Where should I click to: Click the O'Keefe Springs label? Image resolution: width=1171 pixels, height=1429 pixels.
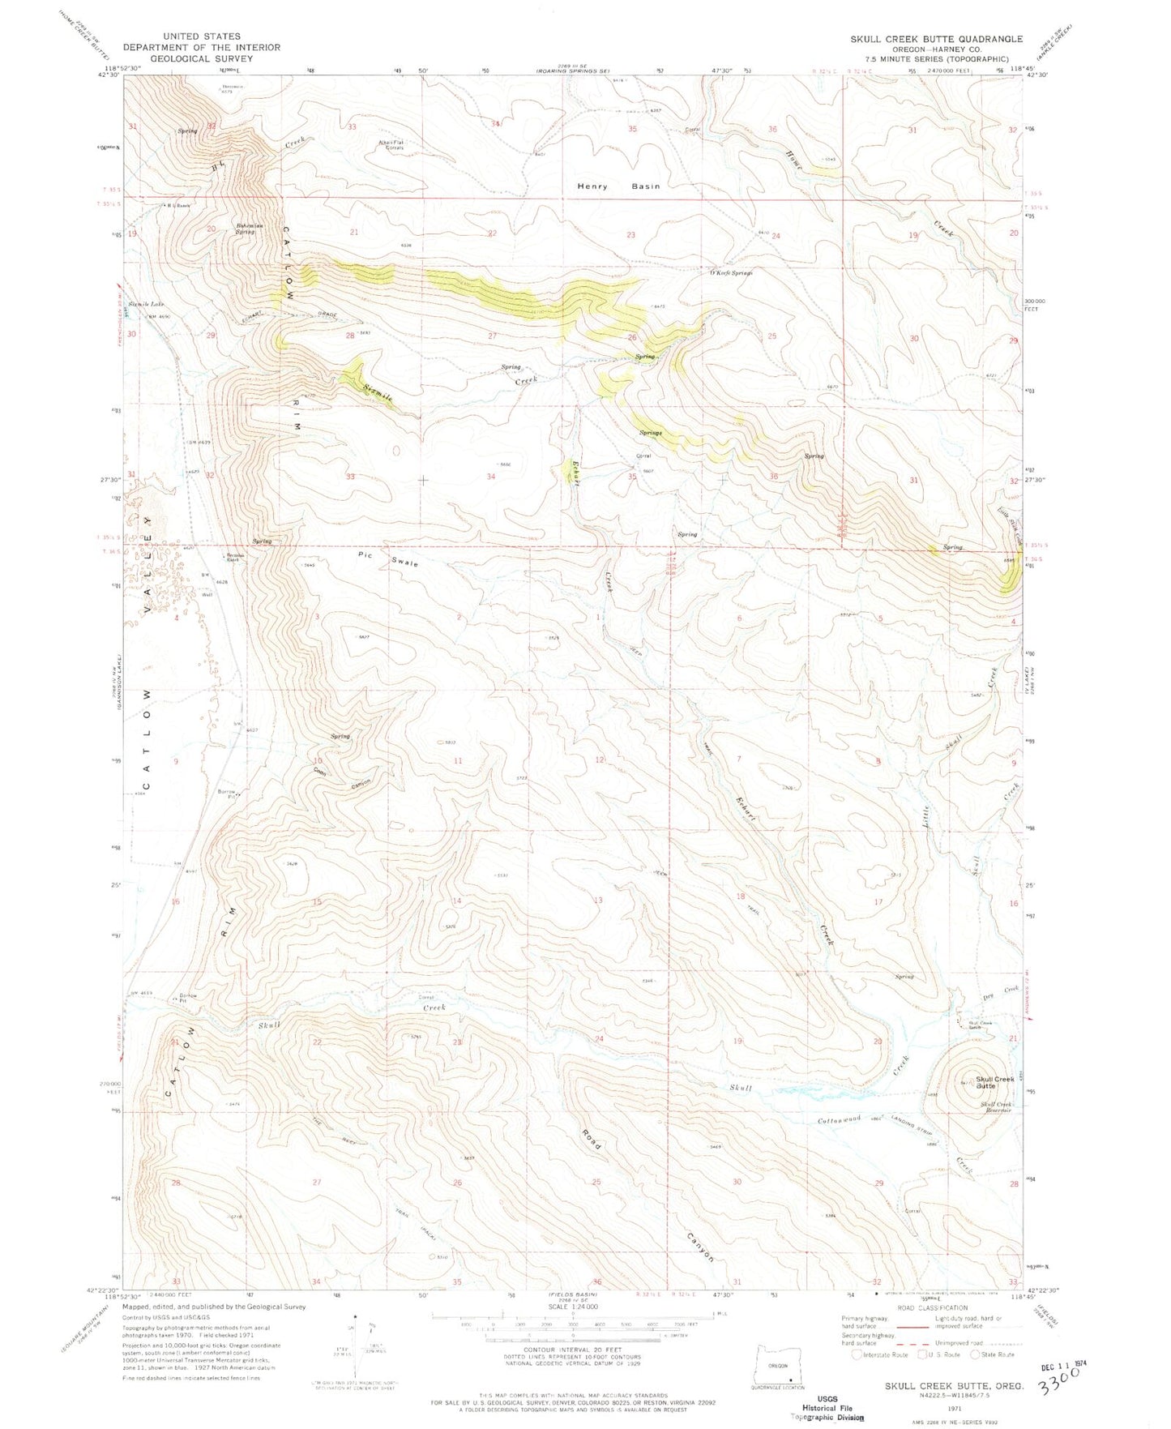(x=731, y=273)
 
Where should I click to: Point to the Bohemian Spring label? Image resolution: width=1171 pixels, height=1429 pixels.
(x=240, y=229)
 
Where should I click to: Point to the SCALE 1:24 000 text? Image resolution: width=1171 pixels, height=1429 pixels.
(x=571, y=1307)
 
